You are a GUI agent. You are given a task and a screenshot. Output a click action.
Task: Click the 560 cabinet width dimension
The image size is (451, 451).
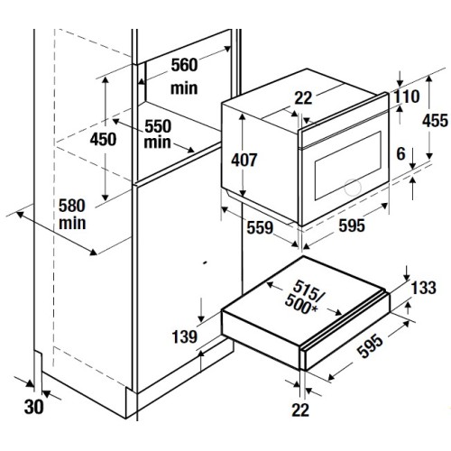(x=184, y=65)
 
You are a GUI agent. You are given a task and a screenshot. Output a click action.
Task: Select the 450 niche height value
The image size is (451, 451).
(x=103, y=139)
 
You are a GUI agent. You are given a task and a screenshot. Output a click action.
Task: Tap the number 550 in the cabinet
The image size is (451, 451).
(x=158, y=126)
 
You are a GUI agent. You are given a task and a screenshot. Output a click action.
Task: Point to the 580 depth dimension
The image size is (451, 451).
(x=72, y=206)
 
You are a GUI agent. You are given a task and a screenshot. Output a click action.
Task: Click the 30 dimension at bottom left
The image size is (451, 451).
(x=33, y=408)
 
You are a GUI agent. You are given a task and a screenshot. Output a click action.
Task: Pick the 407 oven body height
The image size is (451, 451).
(x=244, y=160)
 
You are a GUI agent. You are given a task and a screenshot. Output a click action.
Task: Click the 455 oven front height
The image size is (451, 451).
(x=435, y=121)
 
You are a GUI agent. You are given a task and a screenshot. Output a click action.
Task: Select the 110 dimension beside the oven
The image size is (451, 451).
(x=407, y=97)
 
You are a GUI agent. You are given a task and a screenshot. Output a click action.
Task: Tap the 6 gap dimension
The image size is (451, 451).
(x=401, y=154)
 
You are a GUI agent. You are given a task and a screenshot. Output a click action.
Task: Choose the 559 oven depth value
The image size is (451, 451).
(x=260, y=227)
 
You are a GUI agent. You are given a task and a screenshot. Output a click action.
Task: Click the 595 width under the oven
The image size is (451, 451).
(x=352, y=225)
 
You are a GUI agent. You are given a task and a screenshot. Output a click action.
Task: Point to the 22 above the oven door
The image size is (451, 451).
(x=303, y=98)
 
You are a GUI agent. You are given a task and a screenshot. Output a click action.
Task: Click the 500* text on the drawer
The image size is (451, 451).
(x=301, y=304)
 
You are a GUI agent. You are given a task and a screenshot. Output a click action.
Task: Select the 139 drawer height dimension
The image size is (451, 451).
(x=184, y=336)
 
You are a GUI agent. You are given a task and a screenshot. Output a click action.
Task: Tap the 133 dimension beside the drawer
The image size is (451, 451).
(x=423, y=288)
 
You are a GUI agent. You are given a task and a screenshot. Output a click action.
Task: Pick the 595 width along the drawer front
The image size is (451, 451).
(x=372, y=346)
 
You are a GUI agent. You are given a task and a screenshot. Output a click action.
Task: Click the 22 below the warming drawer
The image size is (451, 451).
(x=300, y=410)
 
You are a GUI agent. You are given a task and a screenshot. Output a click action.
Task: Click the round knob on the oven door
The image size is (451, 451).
(x=353, y=188)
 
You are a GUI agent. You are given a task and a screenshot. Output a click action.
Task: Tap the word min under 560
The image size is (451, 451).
(x=184, y=88)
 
